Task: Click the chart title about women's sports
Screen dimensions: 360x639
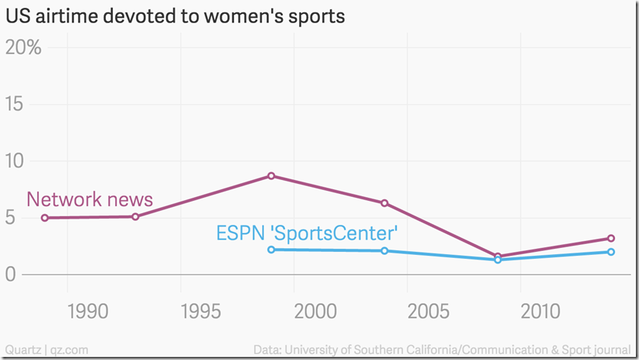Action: pos(175,15)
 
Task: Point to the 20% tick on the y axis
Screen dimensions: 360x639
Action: pos(23,47)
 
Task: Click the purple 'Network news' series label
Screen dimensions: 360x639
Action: pos(90,199)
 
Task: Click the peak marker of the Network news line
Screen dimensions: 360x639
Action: pos(271,176)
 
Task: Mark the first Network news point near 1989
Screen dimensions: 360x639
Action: pos(45,218)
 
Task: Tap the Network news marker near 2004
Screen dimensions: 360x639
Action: pos(384,203)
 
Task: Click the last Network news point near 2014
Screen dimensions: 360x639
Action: pos(610,239)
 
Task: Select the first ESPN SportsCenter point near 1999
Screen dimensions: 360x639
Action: pos(271,250)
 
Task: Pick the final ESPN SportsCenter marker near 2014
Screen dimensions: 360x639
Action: pos(610,252)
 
